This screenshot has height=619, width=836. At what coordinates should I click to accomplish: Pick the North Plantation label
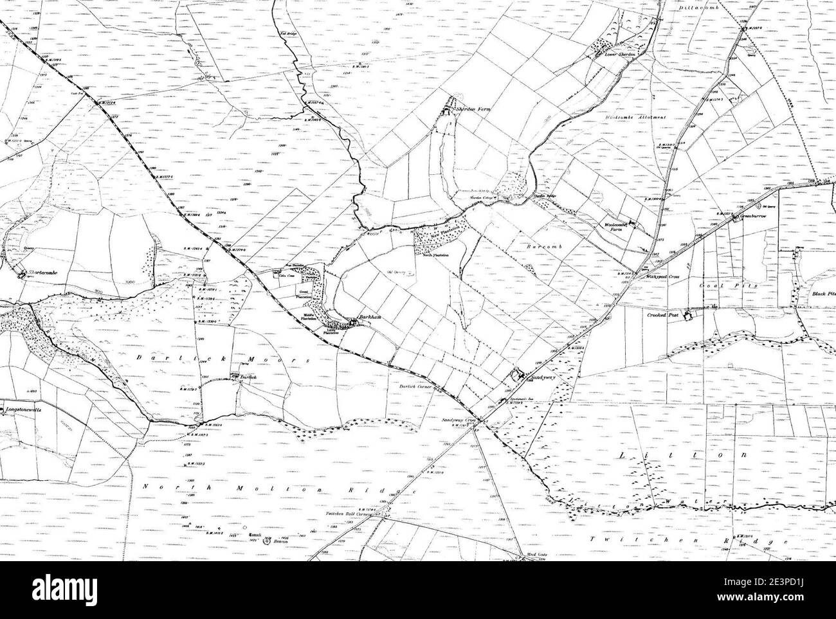tap(435, 255)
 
